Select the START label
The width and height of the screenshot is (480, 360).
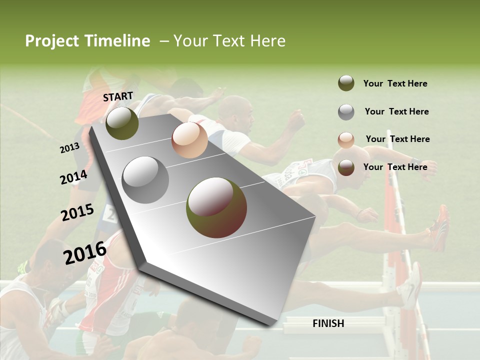(x=118, y=96)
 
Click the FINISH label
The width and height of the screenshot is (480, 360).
(x=328, y=323)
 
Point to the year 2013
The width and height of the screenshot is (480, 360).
(x=69, y=148)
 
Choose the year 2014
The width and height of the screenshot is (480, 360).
(x=73, y=177)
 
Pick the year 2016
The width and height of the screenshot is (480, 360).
(x=85, y=253)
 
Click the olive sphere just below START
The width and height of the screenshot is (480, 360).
(x=122, y=123)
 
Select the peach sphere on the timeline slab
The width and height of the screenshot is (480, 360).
(x=189, y=139)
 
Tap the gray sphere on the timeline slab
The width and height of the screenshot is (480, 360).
(x=145, y=179)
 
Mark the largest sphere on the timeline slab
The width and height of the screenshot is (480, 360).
(x=216, y=207)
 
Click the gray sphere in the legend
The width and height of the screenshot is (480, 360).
(x=346, y=112)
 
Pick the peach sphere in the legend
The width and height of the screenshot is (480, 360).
(x=346, y=140)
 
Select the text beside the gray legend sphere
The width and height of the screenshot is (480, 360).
(x=397, y=111)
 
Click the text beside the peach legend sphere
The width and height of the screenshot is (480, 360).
(x=397, y=139)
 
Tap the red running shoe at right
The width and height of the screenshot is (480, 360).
(x=439, y=227)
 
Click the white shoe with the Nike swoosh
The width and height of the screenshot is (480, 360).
(x=410, y=286)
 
